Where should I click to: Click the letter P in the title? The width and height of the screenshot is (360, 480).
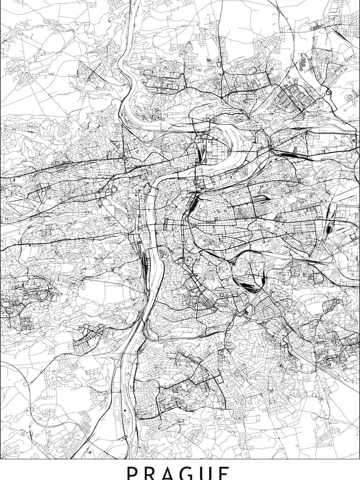(x=132, y=474)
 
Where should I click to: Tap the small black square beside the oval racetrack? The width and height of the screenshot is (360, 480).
(x=125, y=409)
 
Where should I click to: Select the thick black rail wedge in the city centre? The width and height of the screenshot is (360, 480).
(x=193, y=204)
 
